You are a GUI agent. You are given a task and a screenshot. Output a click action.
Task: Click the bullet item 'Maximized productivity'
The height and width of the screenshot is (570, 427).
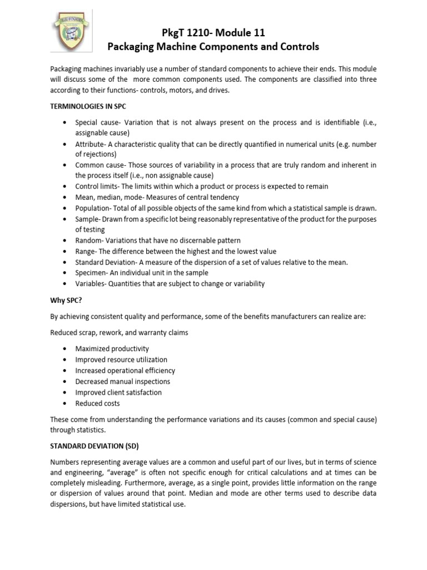coord(112,348)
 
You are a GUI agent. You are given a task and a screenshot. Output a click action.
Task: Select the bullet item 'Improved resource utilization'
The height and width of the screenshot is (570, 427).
coord(121,360)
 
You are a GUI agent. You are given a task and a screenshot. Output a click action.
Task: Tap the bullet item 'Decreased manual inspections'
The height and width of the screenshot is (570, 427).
coord(123,381)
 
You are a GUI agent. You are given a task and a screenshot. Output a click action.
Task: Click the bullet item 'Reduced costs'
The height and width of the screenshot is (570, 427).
coord(98,404)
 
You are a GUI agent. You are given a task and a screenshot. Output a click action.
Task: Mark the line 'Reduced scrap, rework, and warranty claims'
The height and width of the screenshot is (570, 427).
coord(119,332)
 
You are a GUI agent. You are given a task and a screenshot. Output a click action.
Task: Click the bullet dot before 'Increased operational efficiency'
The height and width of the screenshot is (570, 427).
coord(65,371)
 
